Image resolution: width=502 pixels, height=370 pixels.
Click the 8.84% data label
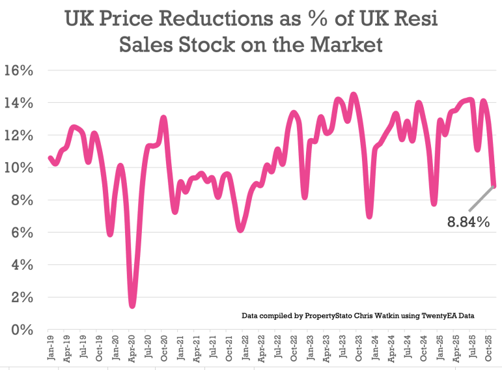(467, 222)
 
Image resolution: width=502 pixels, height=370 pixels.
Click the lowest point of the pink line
(132, 305)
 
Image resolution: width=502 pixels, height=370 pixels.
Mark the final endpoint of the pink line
(495, 186)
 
